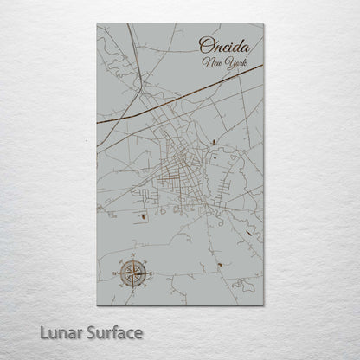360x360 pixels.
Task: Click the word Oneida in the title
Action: [x=223, y=48]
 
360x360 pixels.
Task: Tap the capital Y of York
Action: [x=222, y=63]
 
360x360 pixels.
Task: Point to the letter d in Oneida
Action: [x=235, y=47]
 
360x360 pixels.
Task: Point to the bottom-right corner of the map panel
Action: [x=263, y=305]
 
